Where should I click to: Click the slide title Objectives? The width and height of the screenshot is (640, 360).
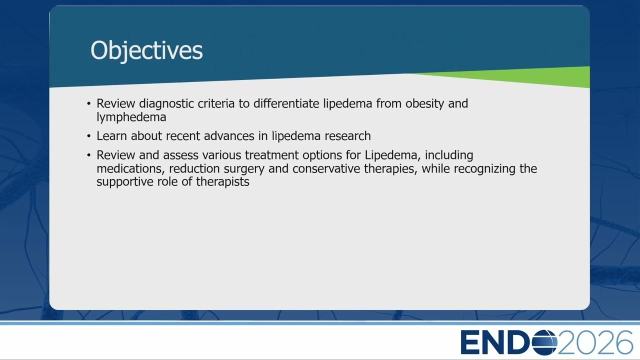[146, 51]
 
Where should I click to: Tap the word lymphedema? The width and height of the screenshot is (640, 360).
[131, 117]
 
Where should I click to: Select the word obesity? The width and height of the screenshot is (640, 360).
[424, 103]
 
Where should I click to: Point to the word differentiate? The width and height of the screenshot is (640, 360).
[286, 103]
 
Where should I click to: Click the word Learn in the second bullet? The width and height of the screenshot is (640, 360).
[111, 135]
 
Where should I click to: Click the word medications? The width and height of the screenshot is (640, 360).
[131, 168]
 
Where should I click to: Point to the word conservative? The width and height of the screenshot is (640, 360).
[326, 168]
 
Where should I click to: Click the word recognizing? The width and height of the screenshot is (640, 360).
[484, 169]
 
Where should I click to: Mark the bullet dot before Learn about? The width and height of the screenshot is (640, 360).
[88, 136]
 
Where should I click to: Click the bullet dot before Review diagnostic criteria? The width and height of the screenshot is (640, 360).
[88, 103]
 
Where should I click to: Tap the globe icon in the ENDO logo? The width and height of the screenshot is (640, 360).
[544, 342]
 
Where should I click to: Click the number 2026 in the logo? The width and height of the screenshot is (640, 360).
[595, 342]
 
